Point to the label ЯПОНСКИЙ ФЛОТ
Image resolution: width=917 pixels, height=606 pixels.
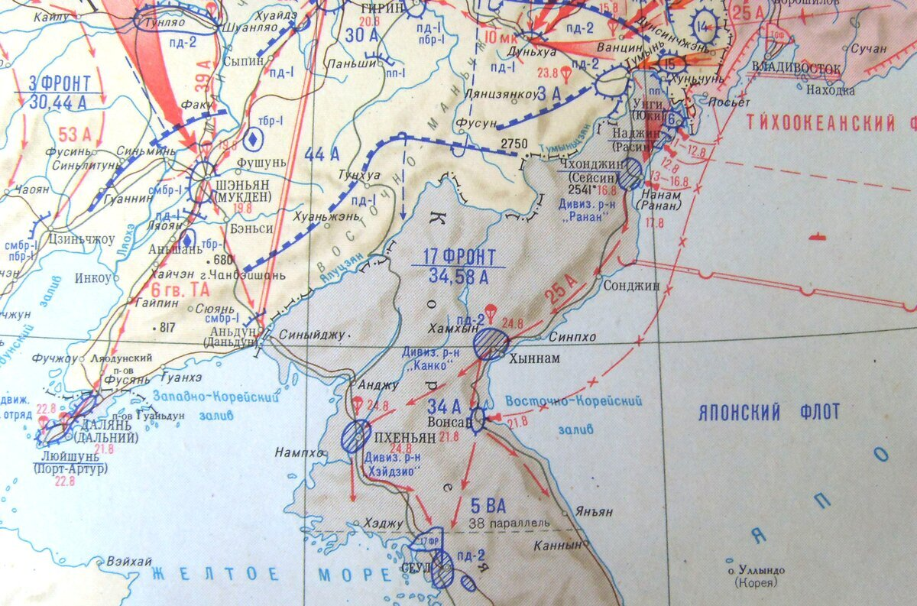tap(769, 413)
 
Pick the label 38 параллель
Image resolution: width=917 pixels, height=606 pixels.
tap(510, 523)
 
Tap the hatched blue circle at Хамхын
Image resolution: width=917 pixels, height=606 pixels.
tap(491, 342)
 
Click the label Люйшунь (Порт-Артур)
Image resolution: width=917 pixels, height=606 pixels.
tap(71, 462)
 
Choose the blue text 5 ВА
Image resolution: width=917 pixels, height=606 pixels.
tap(487, 506)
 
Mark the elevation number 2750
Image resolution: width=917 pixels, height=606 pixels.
tap(514, 144)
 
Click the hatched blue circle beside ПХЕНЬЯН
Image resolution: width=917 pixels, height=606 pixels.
tap(356, 436)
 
